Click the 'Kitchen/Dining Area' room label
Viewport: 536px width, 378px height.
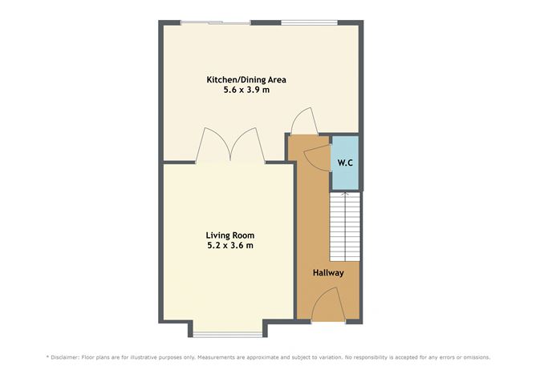pos(246,80)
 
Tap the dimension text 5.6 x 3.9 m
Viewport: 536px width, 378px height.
pos(246,91)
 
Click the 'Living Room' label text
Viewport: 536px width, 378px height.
pos(230,235)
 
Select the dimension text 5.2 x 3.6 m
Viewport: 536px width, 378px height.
pos(230,245)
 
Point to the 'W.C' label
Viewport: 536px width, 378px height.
pos(345,163)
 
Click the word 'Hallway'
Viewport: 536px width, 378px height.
pos(328,273)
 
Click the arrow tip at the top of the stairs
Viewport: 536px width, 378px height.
pos(345,192)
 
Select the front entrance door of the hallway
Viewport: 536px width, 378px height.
pos(328,306)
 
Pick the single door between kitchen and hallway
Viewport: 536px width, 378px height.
pos(303,123)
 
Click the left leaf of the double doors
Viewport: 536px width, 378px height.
pos(213,146)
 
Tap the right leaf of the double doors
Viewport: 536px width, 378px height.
pos(248,146)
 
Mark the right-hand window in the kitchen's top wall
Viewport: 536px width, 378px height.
pos(309,22)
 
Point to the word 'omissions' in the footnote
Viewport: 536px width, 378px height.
pos(473,357)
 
